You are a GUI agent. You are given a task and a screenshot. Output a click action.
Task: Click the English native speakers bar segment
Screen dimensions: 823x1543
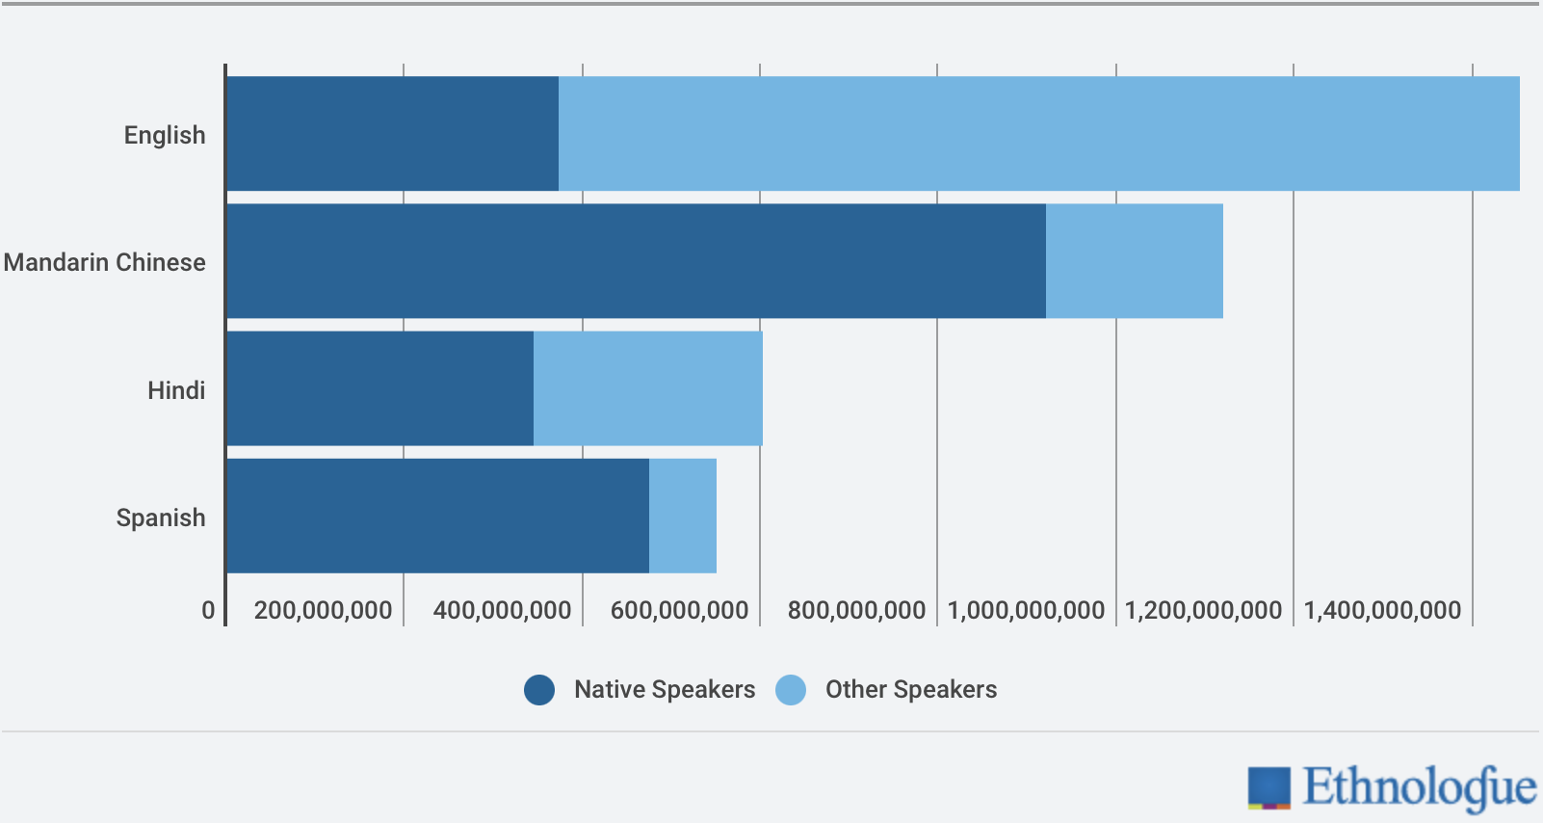pos(392,133)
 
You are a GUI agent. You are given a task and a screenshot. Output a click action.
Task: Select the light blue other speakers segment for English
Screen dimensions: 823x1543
pos(1038,133)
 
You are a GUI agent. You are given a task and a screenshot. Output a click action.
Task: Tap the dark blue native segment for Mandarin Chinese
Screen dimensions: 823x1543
pos(636,260)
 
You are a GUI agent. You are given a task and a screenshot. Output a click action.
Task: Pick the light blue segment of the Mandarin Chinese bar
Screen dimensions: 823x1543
pos(1134,260)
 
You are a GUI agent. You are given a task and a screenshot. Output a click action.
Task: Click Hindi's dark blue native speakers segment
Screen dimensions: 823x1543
pos(379,388)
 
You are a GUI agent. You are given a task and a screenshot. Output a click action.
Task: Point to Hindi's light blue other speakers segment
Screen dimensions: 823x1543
pos(647,388)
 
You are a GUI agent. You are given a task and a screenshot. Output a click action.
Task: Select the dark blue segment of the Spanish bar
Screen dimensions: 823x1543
pos(437,516)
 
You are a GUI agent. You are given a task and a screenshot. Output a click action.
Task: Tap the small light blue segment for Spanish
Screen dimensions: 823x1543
pos(682,516)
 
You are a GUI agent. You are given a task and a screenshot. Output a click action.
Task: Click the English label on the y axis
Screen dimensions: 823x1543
pos(165,135)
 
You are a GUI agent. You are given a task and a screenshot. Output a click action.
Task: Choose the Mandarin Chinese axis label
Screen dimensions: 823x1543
pos(104,262)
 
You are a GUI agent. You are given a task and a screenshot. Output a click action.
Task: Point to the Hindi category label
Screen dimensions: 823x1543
pos(176,390)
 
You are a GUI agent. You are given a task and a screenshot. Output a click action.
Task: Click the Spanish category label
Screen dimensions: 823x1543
pos(161,518)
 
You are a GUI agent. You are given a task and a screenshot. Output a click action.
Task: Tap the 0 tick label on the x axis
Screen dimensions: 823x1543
pos(208,610)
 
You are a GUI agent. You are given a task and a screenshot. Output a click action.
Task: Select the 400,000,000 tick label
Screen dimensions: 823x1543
pos(502,610)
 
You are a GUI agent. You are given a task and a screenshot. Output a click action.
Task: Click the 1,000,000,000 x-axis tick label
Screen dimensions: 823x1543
pos(1026,610)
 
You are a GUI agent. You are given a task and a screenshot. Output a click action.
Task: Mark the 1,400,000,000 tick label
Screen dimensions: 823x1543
pos(1382,610)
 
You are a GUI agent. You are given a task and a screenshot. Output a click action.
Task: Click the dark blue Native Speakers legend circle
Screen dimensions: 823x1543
pos(539,690)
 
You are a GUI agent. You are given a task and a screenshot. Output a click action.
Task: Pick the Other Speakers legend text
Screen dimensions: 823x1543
pos(910,690)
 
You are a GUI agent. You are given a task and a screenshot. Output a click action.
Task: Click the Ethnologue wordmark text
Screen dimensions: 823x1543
pos(1419,786)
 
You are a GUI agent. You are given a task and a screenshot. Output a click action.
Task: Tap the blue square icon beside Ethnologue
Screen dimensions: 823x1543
pos(1268,786)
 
